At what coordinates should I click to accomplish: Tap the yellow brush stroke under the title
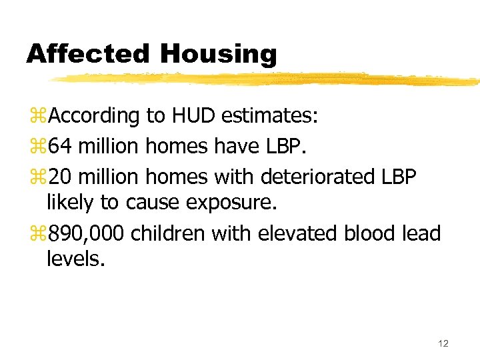coord(267,79)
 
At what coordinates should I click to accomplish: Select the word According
coord(94,117)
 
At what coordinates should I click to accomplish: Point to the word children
coord(170,233)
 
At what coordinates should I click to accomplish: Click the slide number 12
coord(443,343)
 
